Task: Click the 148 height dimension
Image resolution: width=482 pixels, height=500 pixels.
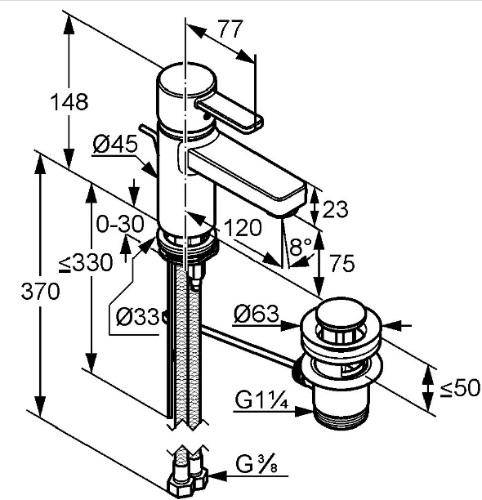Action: click(x=69, y=102)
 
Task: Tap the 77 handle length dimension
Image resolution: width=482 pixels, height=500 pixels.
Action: click(x=230, y=29)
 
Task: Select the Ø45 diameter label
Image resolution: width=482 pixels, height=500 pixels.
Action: click(x=115, y=144)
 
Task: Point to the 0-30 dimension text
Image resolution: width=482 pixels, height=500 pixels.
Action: click(x=120, y=224)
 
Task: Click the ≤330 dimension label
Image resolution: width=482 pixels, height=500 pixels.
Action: click(x=86, y=263)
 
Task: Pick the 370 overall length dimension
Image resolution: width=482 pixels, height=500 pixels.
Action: click(x=40, y=291)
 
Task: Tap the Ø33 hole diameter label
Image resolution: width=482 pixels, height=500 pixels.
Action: click(x=137, y=317)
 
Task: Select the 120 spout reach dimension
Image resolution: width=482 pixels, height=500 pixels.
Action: click(x=243, y=228)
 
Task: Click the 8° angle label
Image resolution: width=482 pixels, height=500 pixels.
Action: click(x=300, y=246)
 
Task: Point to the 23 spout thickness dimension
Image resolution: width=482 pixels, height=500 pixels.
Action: click(x=335, y=209)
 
